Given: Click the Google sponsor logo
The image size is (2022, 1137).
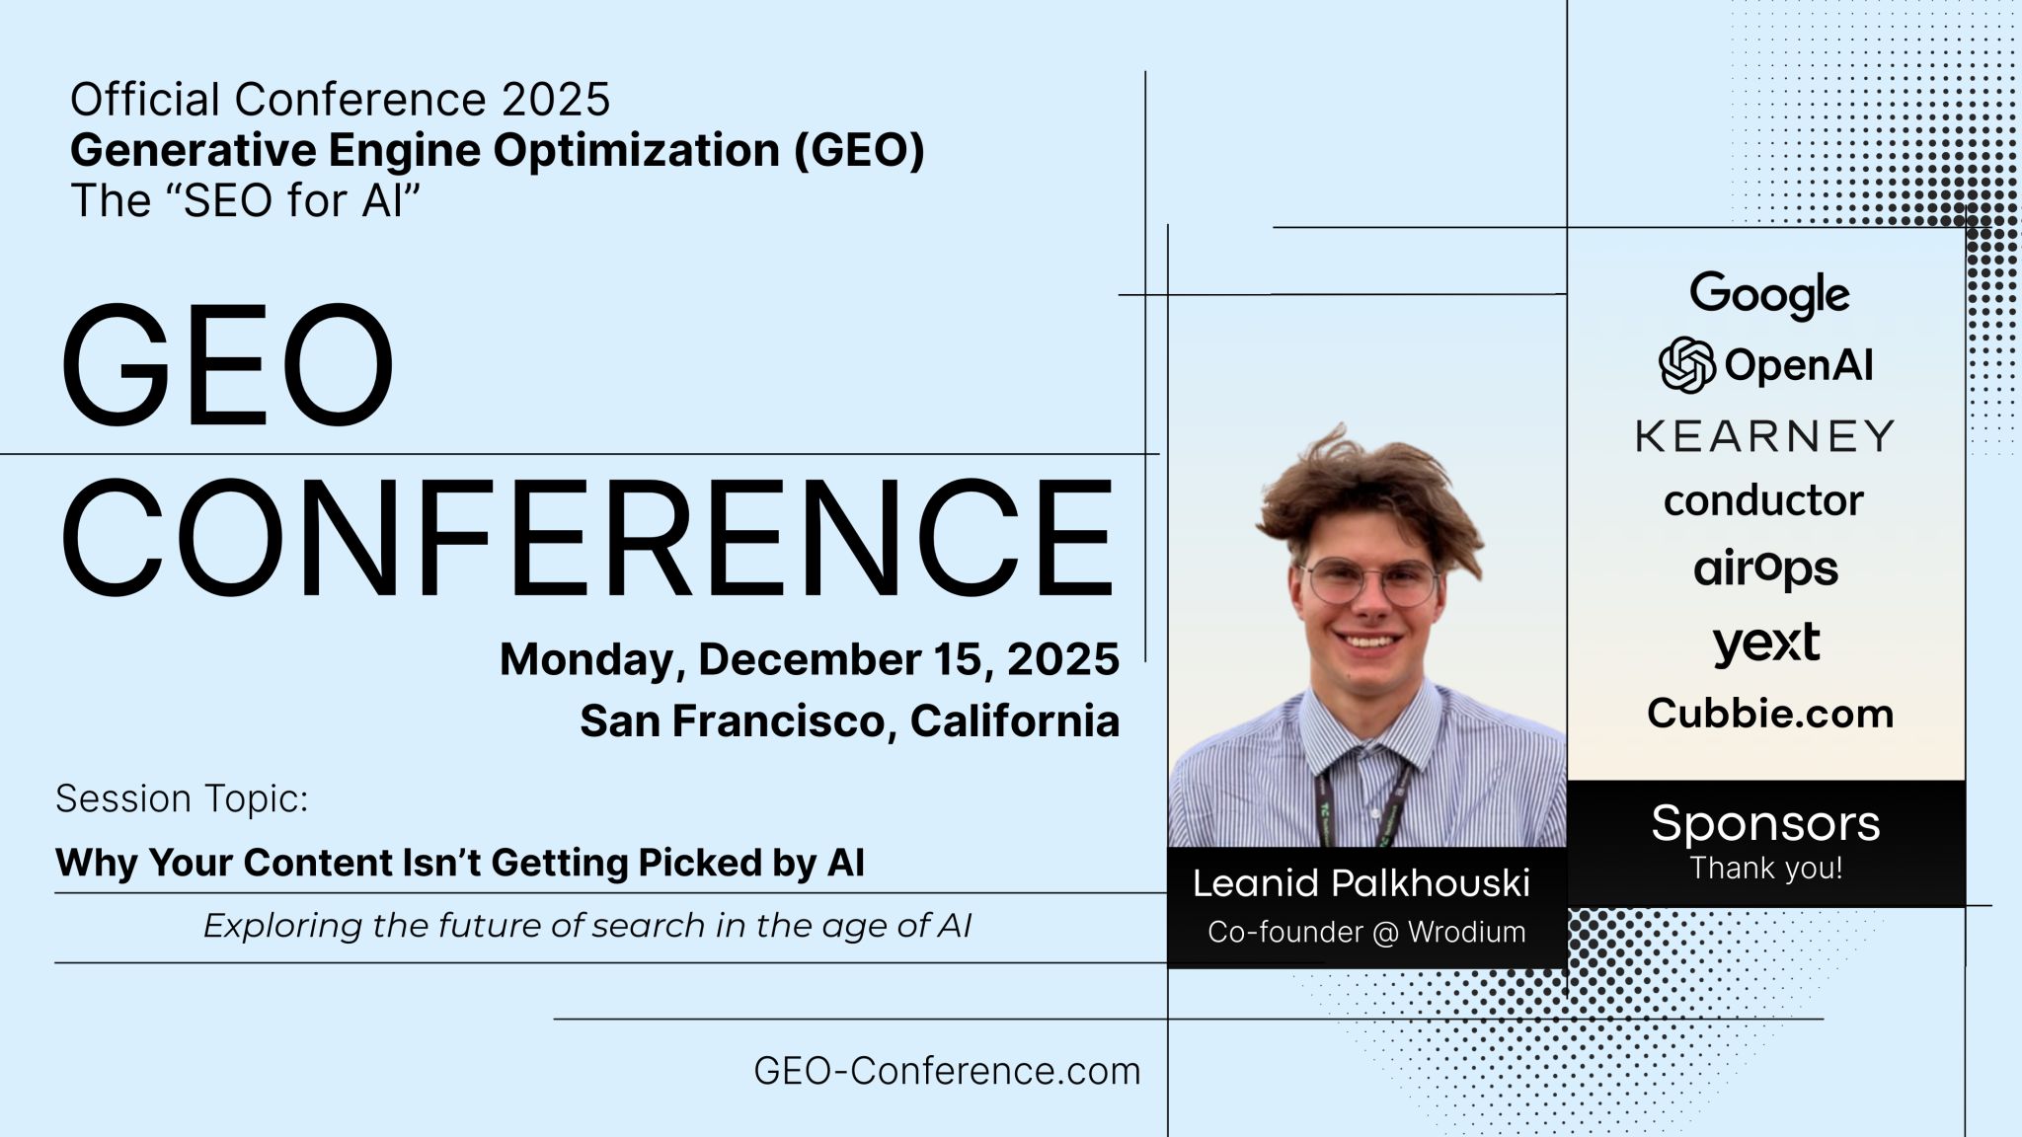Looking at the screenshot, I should (1769, 294).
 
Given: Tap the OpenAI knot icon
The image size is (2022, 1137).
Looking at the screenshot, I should (1686, 365).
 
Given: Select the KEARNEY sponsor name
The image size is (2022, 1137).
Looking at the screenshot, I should (1764, 435).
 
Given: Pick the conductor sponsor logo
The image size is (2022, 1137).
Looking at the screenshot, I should (1763, 500).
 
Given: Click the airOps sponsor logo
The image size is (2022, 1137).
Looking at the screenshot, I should (1765, 569).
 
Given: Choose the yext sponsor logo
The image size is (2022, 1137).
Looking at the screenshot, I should (1766, 643).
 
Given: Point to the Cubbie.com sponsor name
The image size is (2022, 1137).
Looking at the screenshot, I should (1769, 714).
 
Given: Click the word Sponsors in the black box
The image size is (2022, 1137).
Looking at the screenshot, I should (1765, 823).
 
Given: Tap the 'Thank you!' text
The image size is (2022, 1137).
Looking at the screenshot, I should (1765, 869).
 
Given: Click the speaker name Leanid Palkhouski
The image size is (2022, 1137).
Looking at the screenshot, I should (1361, 883).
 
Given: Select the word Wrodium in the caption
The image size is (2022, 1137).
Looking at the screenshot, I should (1467, 932).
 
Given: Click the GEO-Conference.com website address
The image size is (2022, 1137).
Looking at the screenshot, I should (947, 1071).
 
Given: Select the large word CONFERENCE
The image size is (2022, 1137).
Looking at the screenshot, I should (587, 538).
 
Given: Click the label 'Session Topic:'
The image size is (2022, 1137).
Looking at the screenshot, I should (182, 798).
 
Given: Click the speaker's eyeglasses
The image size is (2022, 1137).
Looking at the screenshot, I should (1370, 580).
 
